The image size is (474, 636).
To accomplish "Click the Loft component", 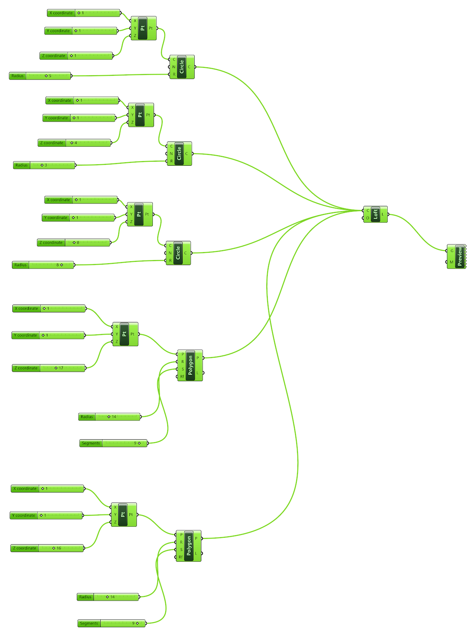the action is pyautogui.click(x=375, y=214).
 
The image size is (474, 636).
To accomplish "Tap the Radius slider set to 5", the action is pyautogui.click(x=40, y=76).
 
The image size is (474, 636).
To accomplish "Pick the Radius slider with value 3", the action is pyautogui.click(x=44, y=165).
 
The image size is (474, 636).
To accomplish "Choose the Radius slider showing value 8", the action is pyautogui.click(x=43, y=265).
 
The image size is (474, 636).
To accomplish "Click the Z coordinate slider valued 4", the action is pyautogui.click(x=74, y=143).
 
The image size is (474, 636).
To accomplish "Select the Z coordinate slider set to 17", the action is pyautogui.click(x=49, y=368).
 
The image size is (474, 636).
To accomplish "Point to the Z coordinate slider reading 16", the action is pyautogui.click(x=47, y=548).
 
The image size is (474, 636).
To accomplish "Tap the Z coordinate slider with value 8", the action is pyautogui.click(x=74, y=242).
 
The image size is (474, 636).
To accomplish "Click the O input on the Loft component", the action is pyautogui.click(x=367, y=218).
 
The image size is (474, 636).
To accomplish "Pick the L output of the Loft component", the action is pyautogui.click(x=383, y=214).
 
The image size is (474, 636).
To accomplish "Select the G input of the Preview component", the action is pyautogui.click(x=451, y=251).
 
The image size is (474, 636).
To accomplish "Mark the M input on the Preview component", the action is pyautogui.click(x=451, y=262).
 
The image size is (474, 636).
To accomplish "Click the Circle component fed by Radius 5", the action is pyautogui.click(x=182, y=67).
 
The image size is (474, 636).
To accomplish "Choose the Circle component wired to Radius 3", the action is pyautogui.click(x=179, y=153).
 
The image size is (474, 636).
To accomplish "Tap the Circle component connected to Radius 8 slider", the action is pyautogui.click(x=178, y=253).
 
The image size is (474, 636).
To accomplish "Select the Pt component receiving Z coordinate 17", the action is pyautogui.click(x=125, y=334).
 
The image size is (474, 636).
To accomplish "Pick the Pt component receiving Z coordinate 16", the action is pyautogui.click(x=123, y=514).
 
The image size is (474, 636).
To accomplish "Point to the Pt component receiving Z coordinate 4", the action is pyautogui.click(x=140, y=115).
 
